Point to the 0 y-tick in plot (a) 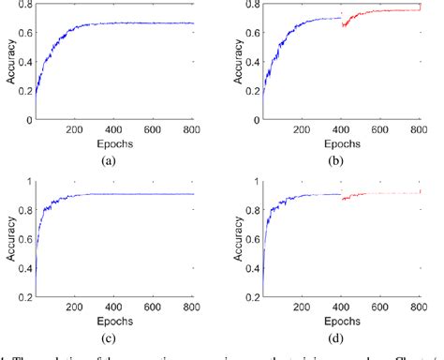click(x=25, y=121)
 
